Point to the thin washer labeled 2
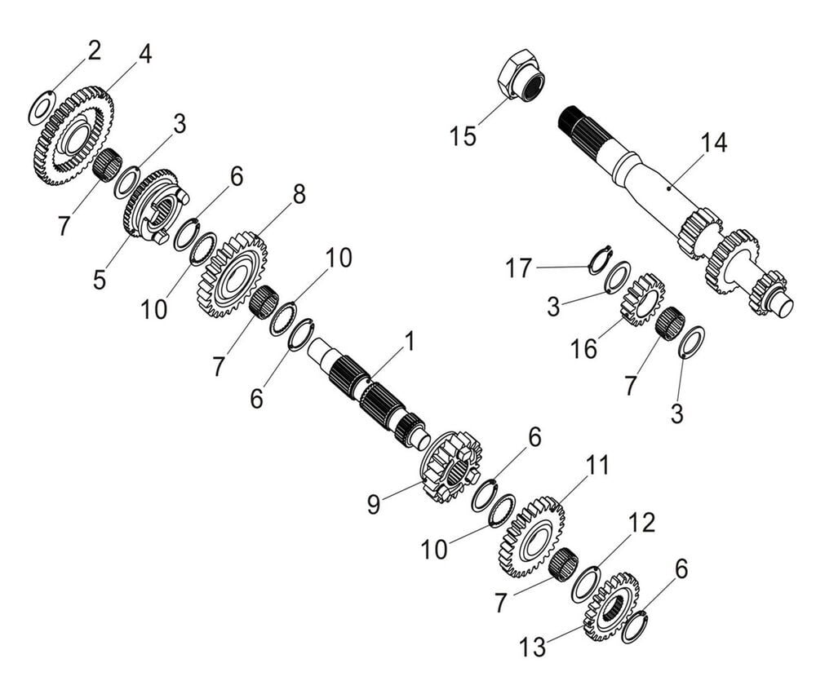(42, 108)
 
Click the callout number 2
(95, 51)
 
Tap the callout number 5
(100, 280)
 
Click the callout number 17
(518, 268)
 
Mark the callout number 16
(584, 348)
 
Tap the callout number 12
(642, 523)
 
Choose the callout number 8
(299, 194)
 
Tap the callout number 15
(463, 135)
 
